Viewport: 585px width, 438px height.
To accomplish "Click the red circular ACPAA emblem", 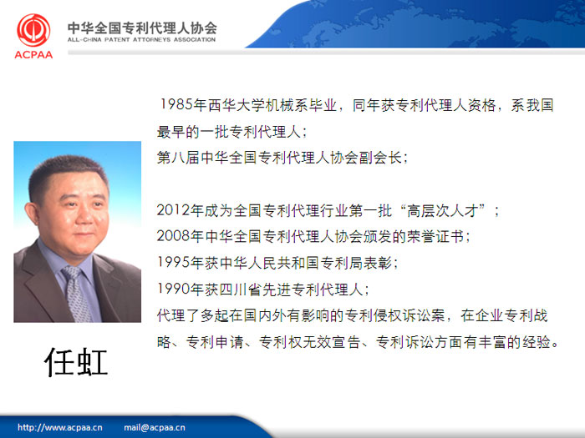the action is pyautogui.click(x=33, y=31).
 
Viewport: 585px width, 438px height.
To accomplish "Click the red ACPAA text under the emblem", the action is pyautogui.click(x=33, y=55).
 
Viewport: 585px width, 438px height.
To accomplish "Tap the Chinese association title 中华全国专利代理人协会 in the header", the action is pyautogui.click(x=142, y=28).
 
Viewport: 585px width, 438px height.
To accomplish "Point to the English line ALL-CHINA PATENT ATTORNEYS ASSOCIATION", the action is pyautogui.click(x=141, y=39).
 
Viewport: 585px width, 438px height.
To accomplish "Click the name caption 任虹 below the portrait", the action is pyautogui.click(x=76, y=362).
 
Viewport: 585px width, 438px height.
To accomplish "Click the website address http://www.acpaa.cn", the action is pyautogui.click(x=59, y=427).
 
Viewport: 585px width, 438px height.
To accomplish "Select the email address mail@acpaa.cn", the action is pyautogui.click(x=155, y=427).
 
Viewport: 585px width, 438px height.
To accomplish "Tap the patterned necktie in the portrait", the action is pyautogui.click(x=77, y=294).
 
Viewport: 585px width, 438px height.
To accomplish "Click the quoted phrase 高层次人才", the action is pyautogui.click(x=442, y=211).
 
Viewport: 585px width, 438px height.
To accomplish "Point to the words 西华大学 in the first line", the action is pyautogui.click(x=237, y=105).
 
